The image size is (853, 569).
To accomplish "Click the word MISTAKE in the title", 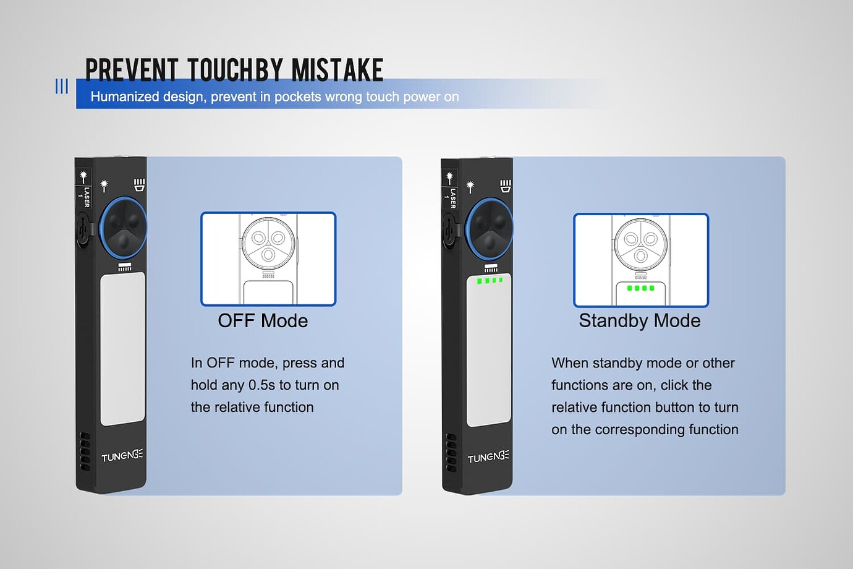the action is point(337,70).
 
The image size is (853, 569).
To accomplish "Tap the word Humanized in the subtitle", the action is point(125,97).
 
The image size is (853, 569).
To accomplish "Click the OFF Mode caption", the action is point(263,320).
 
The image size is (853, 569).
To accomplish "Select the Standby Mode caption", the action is point(639,320).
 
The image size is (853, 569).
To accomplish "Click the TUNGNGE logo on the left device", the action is point(122,455).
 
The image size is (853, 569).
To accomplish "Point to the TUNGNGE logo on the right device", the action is point(488,456).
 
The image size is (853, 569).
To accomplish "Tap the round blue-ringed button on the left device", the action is point(123,228).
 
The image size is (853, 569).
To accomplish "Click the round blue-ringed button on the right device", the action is point(490,229).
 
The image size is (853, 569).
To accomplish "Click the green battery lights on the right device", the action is point(490,281).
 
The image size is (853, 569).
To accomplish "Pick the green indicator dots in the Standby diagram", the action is point(640,288).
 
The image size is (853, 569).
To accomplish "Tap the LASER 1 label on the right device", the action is point(451,198).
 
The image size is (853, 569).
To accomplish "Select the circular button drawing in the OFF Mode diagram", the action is point(268,243).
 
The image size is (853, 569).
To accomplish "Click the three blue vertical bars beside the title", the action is point(62,87).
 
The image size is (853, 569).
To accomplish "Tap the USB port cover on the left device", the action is point(83,230).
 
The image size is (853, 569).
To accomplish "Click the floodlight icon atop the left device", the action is point(139,185).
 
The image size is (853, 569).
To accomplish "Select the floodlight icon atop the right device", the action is point(506,186).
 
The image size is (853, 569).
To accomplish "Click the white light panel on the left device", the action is point(122,349).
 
